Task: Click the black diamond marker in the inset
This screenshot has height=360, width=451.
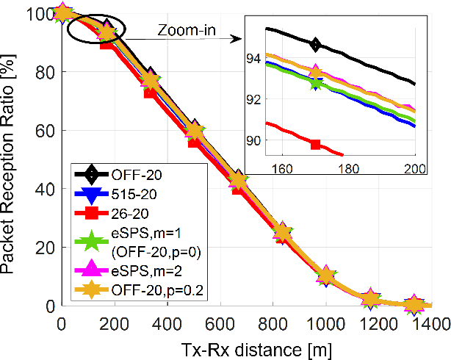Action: coord(316,45)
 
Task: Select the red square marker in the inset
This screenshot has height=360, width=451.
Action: coord(316,144)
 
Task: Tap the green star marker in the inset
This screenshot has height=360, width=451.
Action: coord(316,82)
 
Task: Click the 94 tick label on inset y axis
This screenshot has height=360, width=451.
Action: coord(250,58)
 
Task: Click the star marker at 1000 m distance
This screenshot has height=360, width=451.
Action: coord(328,276)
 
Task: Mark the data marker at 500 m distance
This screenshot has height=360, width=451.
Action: coord(194,132)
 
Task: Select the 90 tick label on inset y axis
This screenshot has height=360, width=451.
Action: coord(250,140)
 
